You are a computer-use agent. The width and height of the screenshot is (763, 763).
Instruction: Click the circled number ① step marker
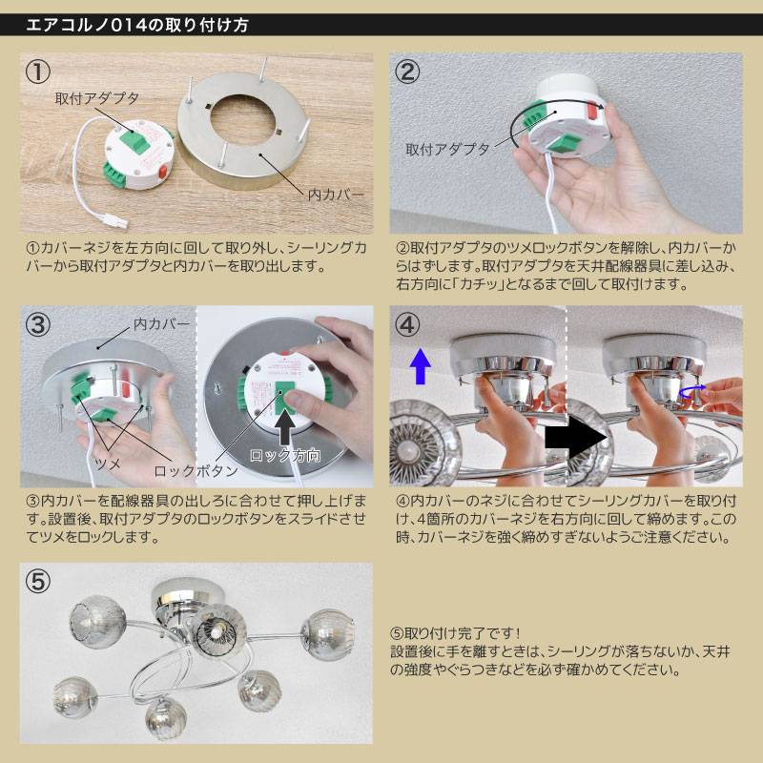[x=37, y=72]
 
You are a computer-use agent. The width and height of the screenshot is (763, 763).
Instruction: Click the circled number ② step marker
[x=407, y=72]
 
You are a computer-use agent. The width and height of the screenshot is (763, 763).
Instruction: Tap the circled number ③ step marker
[x=37, y=324]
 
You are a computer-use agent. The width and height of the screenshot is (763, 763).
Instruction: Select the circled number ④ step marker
[x=407, y=324]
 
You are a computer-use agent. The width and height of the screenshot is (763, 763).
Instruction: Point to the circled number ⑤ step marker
[x=37, y=581]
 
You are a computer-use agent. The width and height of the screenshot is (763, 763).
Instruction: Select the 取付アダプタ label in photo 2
[x=447, y=150]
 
